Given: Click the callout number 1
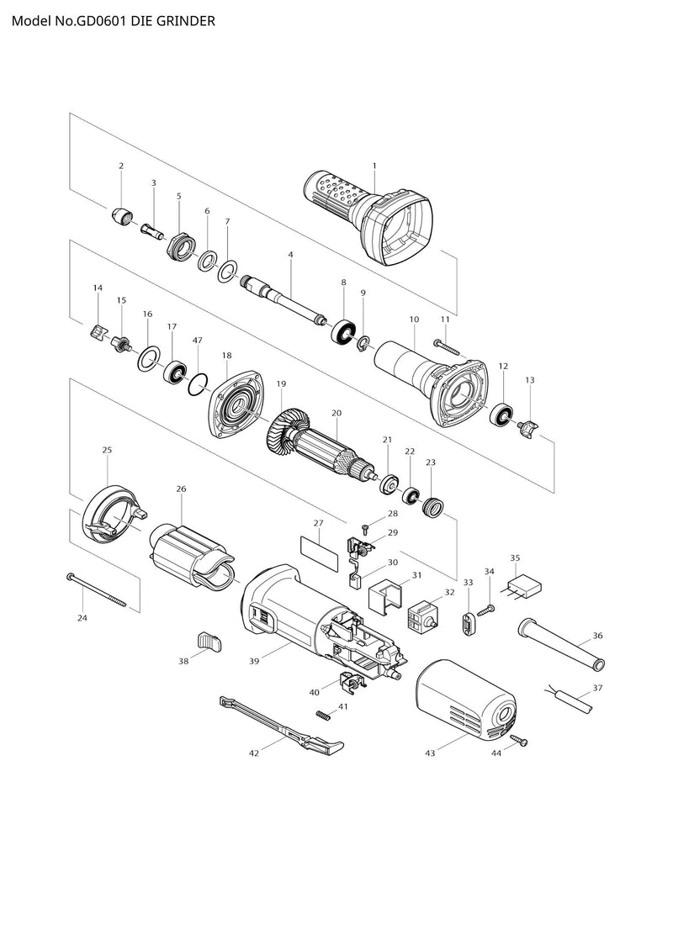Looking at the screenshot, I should [x=374, y=166].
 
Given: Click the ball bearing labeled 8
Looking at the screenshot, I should [x=343, y=330].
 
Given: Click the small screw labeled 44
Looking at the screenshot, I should [x=521, y=741].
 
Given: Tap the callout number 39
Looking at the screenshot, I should [x=253, y=662].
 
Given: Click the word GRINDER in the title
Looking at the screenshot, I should [x=184, y=20].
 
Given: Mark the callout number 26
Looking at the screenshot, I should [x=181, y=489].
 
